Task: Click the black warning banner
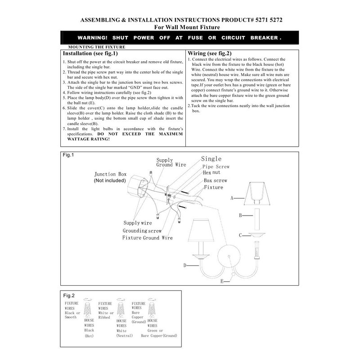[x=180, y=38]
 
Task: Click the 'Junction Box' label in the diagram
[x=110, y=174]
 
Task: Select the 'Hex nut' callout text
[x=211, y=172]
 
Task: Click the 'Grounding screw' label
[x=142, y=230]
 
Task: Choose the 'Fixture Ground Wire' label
[x=147, y=237]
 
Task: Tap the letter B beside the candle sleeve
[x=241, y=216]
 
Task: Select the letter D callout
[x=185, y=265]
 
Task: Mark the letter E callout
[x=222, y=281]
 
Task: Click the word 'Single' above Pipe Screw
[x=211, y=159]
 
